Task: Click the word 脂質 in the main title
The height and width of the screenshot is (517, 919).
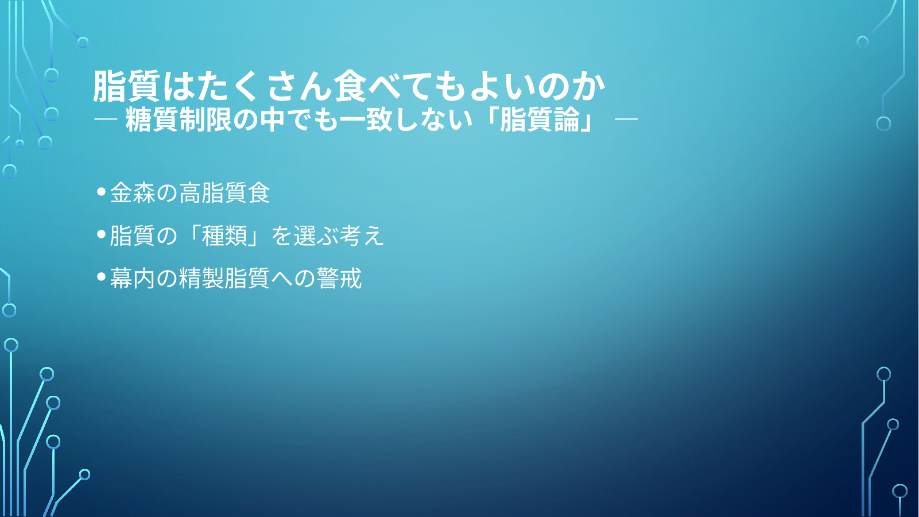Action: click(126, 86)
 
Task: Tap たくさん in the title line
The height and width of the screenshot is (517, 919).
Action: click(265, 86)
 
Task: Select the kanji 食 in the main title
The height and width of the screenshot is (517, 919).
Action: click(350, 86)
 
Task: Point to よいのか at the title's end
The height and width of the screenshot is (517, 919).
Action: click(537, 86)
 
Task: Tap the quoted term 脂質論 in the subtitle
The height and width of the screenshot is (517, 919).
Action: click(540, 119)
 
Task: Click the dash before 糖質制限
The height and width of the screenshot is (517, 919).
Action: click(106, 119)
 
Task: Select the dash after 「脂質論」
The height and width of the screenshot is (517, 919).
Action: click(626, 119)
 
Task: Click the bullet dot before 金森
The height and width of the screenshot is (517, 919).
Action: click(102, 191)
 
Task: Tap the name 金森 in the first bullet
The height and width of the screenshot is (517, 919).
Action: click(133, 192)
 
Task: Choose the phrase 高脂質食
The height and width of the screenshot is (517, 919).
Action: click(224, 192)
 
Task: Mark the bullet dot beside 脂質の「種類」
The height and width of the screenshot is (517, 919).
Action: click(102, 234)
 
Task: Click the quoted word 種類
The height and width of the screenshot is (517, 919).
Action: click(224, 236)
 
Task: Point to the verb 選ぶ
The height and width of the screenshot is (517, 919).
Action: click(316, 236)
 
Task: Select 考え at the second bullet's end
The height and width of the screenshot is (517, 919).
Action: click(362, 236)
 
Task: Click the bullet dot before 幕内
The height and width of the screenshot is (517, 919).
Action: click(102, 277)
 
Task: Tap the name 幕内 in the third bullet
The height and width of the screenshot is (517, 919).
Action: click(133, 278)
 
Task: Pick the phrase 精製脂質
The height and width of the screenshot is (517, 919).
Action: click(224, 278)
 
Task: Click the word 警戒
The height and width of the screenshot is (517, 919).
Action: click(339, 278)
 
